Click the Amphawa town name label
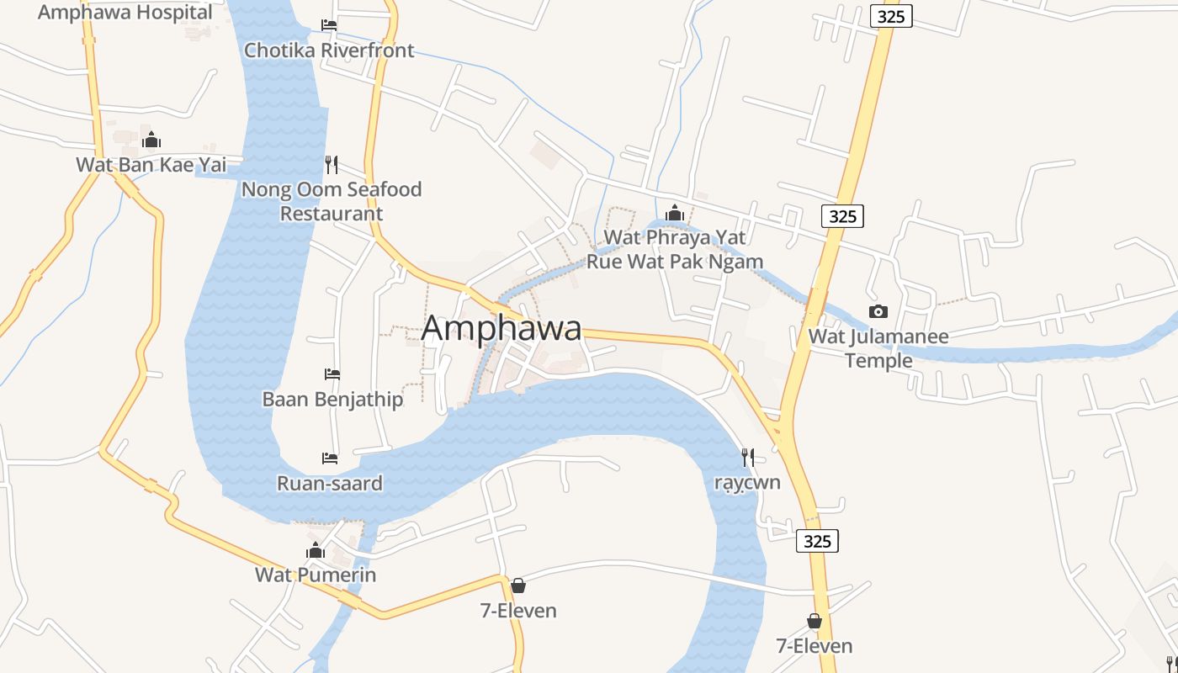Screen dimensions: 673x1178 [x=501, y=328]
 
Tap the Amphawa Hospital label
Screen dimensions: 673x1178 [x=125, y=13]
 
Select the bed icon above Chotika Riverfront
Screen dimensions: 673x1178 [x=329, y=25]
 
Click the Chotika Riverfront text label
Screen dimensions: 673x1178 [x=329, y=50]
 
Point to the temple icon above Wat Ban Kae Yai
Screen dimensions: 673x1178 [x=151, y=140]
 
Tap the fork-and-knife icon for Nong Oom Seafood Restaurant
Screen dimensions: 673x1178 [x=332, y=164]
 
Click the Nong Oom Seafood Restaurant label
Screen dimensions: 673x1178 [x=332, y=201]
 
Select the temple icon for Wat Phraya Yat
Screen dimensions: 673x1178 [x=674, y=212]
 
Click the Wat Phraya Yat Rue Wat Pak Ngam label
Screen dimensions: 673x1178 [x=675, y=249]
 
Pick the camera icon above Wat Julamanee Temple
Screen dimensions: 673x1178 [x=878, y=312]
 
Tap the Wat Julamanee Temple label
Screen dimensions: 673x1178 [x=878, y=348]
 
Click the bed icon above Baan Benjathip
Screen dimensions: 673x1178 [x=332, y=374]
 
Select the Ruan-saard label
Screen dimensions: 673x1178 [x=330, y=484]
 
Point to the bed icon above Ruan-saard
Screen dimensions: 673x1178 [x=330, y=458]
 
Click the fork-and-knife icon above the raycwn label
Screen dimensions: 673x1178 [x=747, y=457]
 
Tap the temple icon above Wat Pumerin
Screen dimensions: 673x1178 [x=316, y=551]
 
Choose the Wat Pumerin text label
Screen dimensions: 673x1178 [x=316, y=575]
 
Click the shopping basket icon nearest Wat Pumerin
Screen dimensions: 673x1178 [x=518, y=586]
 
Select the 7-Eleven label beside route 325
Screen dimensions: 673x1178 [x=814, y=646]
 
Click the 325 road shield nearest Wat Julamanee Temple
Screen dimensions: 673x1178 [x=842, y=216]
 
